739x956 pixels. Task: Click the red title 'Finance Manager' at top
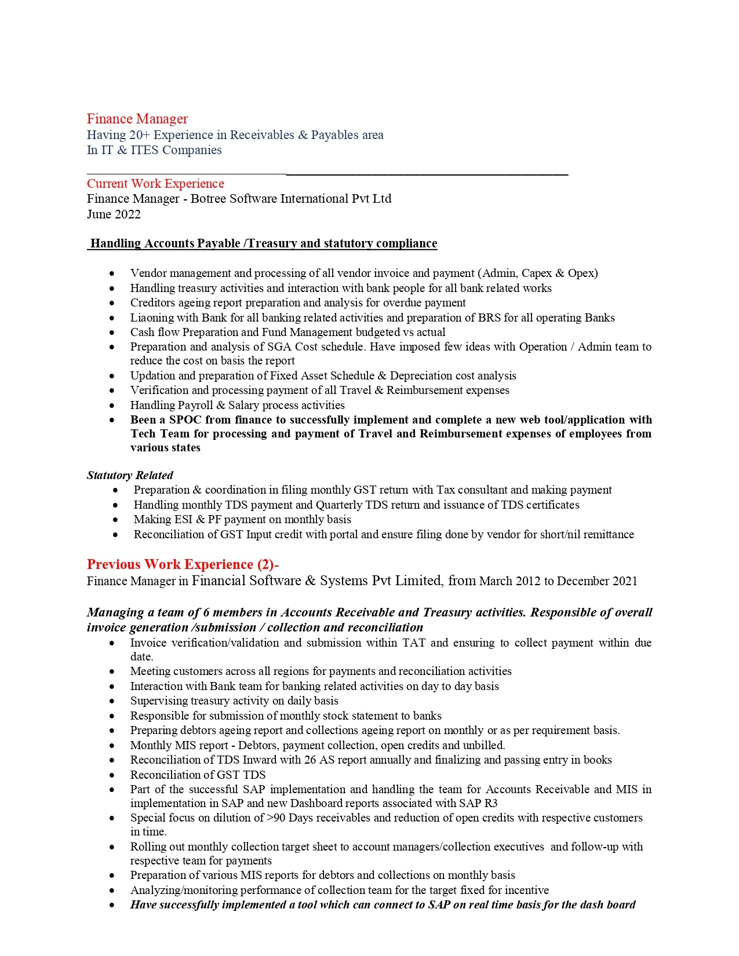(x=137, y=119)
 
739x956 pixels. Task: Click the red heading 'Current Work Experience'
(x=155, y=184)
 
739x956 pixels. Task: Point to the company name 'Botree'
(x=209, y=199)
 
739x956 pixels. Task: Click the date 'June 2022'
(x=114, y=214)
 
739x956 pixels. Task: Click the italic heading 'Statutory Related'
(x=130, y=475)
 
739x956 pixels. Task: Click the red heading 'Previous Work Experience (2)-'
(x=183, y=564)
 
